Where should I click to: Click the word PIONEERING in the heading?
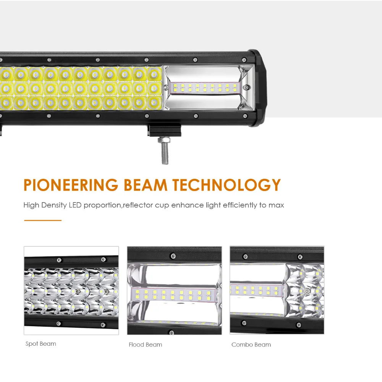[71, 185]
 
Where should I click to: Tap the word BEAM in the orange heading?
[146, 185]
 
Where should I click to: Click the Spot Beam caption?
[41, 344]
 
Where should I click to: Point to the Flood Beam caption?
[146, 345]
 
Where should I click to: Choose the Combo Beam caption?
[251, 345]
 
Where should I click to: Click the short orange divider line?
[43, 220]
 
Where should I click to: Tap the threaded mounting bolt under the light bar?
[164, 151]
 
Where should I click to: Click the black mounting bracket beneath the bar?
[164, 130]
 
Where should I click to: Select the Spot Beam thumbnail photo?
[71, 290]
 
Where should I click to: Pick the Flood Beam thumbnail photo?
[175, 290]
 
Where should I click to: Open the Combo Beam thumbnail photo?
[277, 290]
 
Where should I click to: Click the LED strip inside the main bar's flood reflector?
[205, 88]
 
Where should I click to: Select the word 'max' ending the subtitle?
[276, 206]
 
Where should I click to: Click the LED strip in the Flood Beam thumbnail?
[173, 295]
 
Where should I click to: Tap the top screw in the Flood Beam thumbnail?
[173, 256]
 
